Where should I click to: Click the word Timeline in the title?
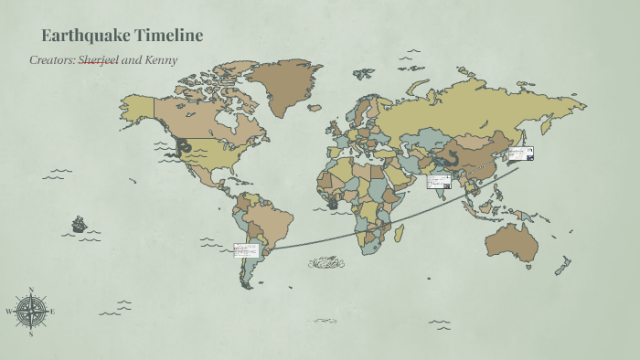pyautogui.click(x=167, y=36)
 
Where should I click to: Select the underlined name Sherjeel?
pyautogui.click(x=98, y=60)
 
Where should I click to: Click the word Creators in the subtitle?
pyautogui.click(x=51, y=60)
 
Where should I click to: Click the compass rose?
pyautogui.click(x=32, y=312)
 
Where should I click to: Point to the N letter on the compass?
pyautogui.click(x=32, y=291)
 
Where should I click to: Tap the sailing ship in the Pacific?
pyautogui.click(x=80, y=223)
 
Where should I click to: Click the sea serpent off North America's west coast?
pyautogui.click(x=184, y=147)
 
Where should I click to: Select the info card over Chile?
pyautogui.click(x=245, y=249)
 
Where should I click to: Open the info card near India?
pyautogui.click(x=439, y=181)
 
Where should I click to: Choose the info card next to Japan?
pyautogui.click(x=520, y=154)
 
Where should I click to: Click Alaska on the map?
pyautogui.click(x=136, y=108)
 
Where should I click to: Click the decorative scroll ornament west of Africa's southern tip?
pyautogui.click(x=325, y=263)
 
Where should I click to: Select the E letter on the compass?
pyautogui.click(x=53, y=312)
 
